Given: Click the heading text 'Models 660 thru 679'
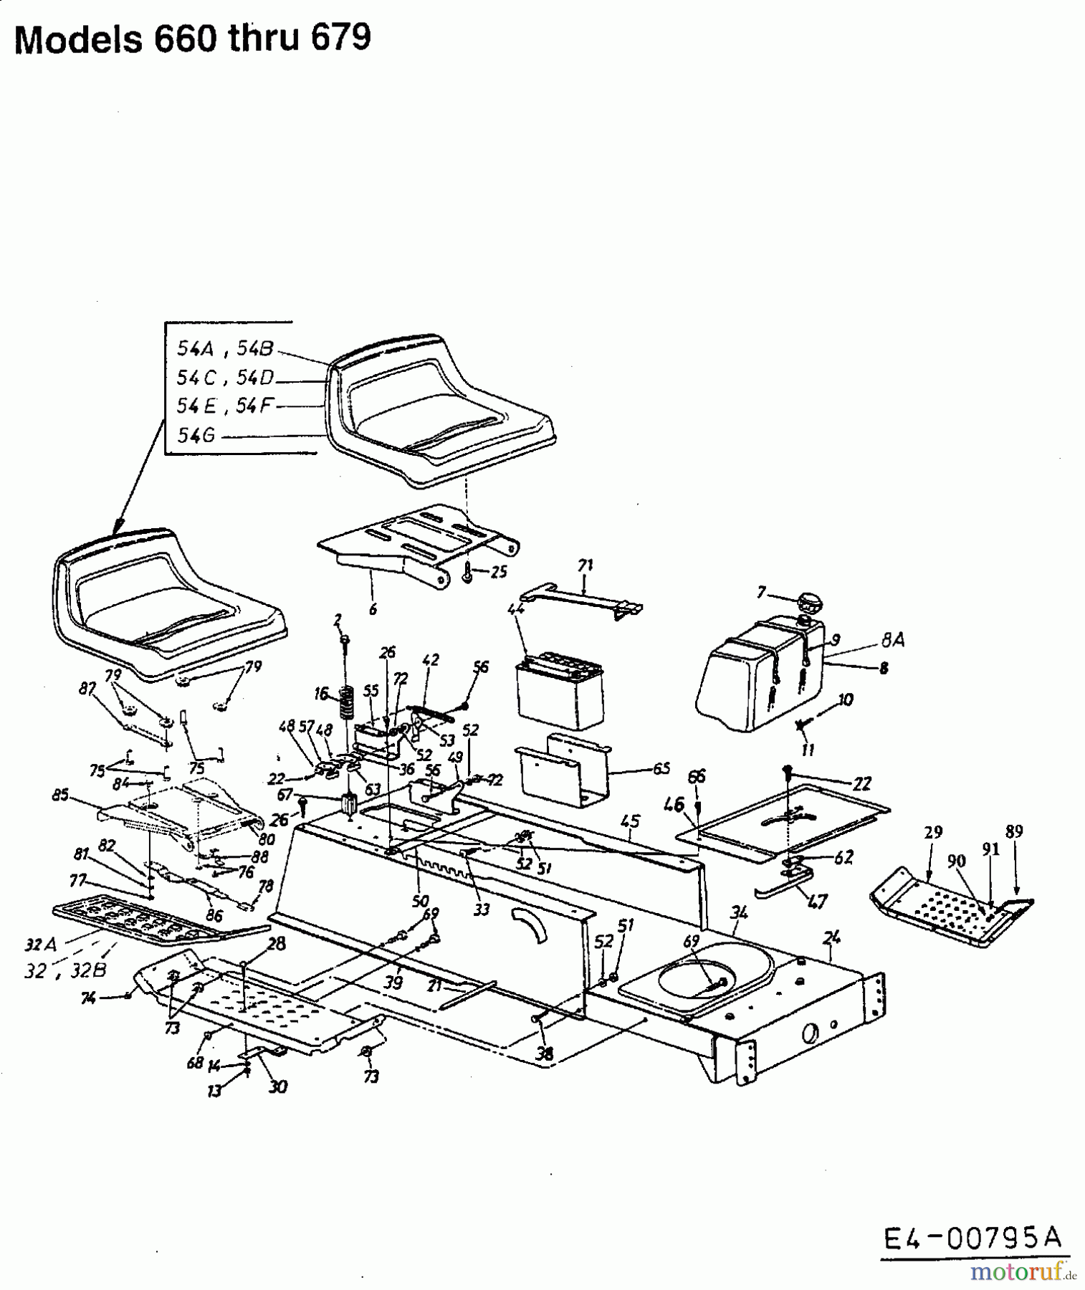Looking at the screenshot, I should [x=193, y=39].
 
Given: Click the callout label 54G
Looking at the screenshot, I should [x=196, y=435].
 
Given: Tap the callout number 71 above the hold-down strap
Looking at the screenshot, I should [x=585, y=565].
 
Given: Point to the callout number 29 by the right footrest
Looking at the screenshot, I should [x=932, y=832].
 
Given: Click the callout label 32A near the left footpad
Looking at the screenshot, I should [x=36, y=945].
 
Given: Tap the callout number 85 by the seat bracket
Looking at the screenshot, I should [x=60, y=795].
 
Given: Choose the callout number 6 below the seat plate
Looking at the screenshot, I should [x=373, y=609].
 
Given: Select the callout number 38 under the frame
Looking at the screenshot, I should [x=545, y=1053].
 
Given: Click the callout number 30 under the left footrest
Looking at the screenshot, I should [x=277, y=1086].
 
